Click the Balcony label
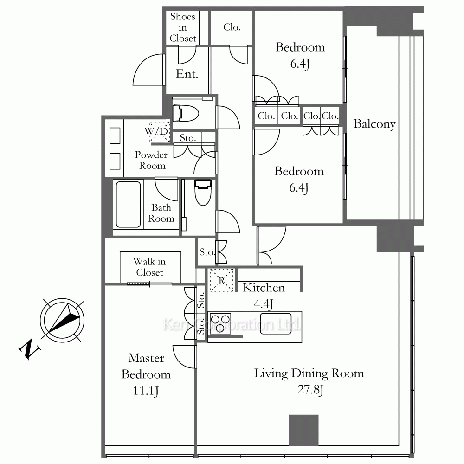374,124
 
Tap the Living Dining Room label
309,374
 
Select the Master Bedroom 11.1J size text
146,391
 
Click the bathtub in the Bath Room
128,204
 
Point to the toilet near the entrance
185,113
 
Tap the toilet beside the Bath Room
203,193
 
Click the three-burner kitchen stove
220,323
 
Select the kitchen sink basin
276,324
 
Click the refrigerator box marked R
222,280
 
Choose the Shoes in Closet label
183,27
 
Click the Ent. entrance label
187,74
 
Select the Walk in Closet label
149,267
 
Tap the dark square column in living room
303,430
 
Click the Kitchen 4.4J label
264,295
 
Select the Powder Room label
151,160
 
